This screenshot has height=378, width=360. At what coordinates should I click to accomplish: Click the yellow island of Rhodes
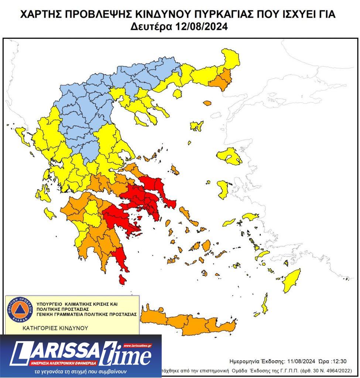(291, 280)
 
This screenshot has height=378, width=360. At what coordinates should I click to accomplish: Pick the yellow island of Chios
(223, 189)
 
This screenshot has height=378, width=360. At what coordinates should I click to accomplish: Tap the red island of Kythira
(122, 279)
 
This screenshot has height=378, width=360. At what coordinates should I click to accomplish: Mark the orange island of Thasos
(206, 103)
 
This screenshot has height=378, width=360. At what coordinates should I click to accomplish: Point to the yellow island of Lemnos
(196, 126)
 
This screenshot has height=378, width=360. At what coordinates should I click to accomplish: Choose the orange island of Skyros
(175, 171)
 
